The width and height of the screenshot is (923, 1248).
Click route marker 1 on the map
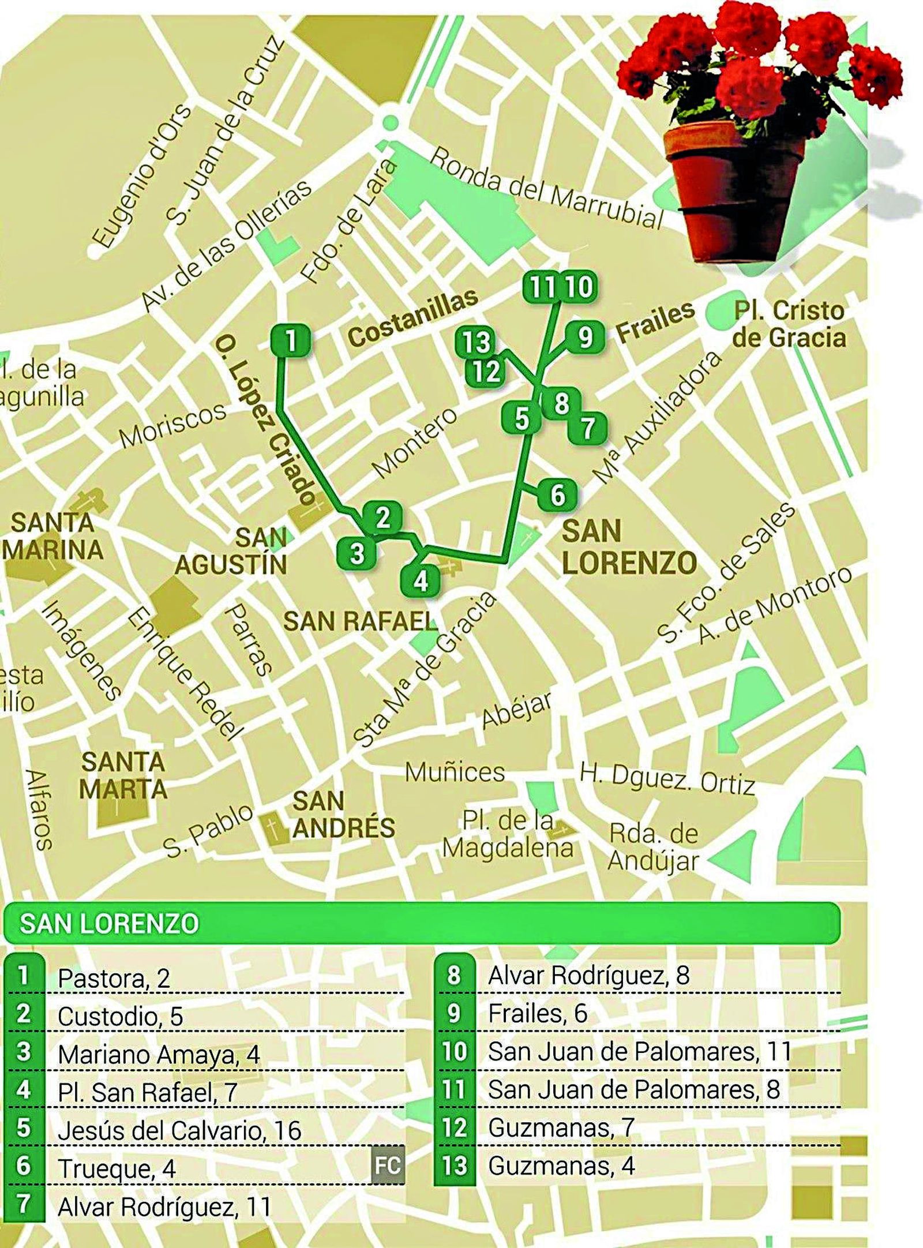tap(290, 340)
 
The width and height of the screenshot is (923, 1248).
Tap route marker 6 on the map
tap(557, 495)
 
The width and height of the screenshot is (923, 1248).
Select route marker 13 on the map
tap(475, 343)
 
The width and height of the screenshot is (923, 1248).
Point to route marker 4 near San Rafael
tap(421, 580)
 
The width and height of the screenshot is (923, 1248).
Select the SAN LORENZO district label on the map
tap(629, 547)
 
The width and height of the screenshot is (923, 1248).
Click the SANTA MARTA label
tap(123, 775)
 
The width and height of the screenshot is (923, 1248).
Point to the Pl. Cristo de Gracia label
tap(789, 324)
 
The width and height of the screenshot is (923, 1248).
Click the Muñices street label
tap(455, 772)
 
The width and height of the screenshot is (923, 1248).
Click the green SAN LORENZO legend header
tap(421, 923)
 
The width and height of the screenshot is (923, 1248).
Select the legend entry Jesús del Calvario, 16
tap(179, 1130)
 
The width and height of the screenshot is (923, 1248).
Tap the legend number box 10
tap(454, 1051)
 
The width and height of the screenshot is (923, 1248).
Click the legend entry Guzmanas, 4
tap(561, 1165)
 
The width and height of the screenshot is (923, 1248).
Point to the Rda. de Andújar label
tap(653, 846)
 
